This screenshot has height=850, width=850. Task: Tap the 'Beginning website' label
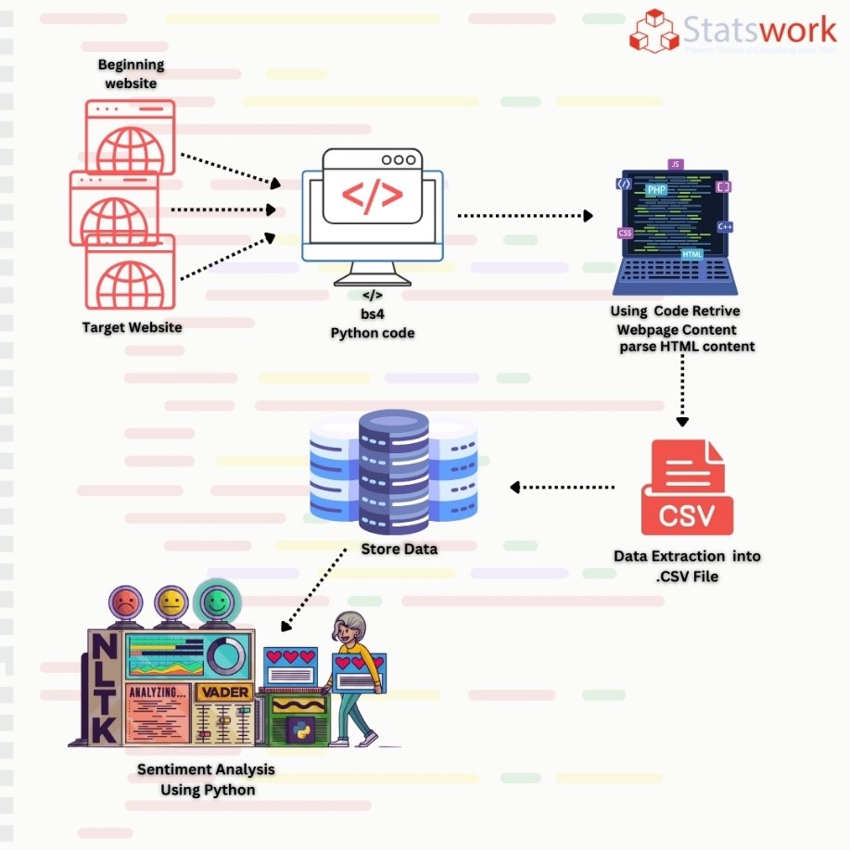point(131,74)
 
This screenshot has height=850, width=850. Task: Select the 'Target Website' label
point(132,327)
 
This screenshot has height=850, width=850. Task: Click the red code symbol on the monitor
point(373,196)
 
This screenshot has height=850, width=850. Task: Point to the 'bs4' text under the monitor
point(373,314)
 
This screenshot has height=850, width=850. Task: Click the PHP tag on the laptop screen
point(656,190)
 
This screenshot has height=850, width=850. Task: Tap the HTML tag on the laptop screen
point(691,254)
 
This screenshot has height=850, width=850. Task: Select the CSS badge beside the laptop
point(625,234)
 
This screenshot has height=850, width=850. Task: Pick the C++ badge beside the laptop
point(725,226)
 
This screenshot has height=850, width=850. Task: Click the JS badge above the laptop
point(675,164)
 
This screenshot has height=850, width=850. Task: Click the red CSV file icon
point(687,488)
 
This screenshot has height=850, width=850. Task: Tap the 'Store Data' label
point(399,550)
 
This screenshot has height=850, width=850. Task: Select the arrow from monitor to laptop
point(526,215)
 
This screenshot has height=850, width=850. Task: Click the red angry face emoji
point(122,603)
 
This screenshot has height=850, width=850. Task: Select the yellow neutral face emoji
point(171,603)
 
